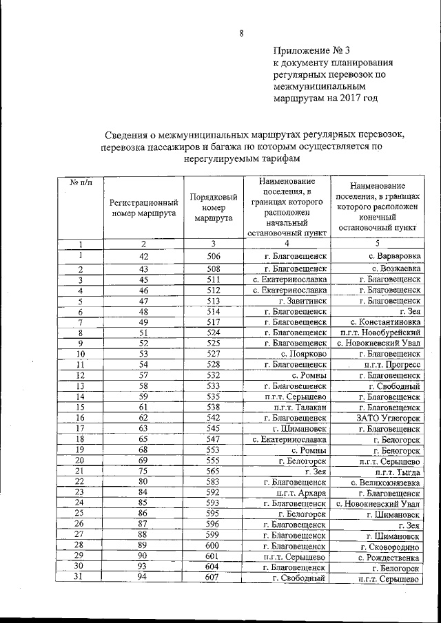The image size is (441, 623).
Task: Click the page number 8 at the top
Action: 242,32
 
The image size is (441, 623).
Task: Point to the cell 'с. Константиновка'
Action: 385,322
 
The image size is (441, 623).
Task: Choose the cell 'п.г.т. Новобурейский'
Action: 380,332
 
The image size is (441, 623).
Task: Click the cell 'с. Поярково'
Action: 303,354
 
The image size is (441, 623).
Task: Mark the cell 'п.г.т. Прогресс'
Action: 391,364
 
